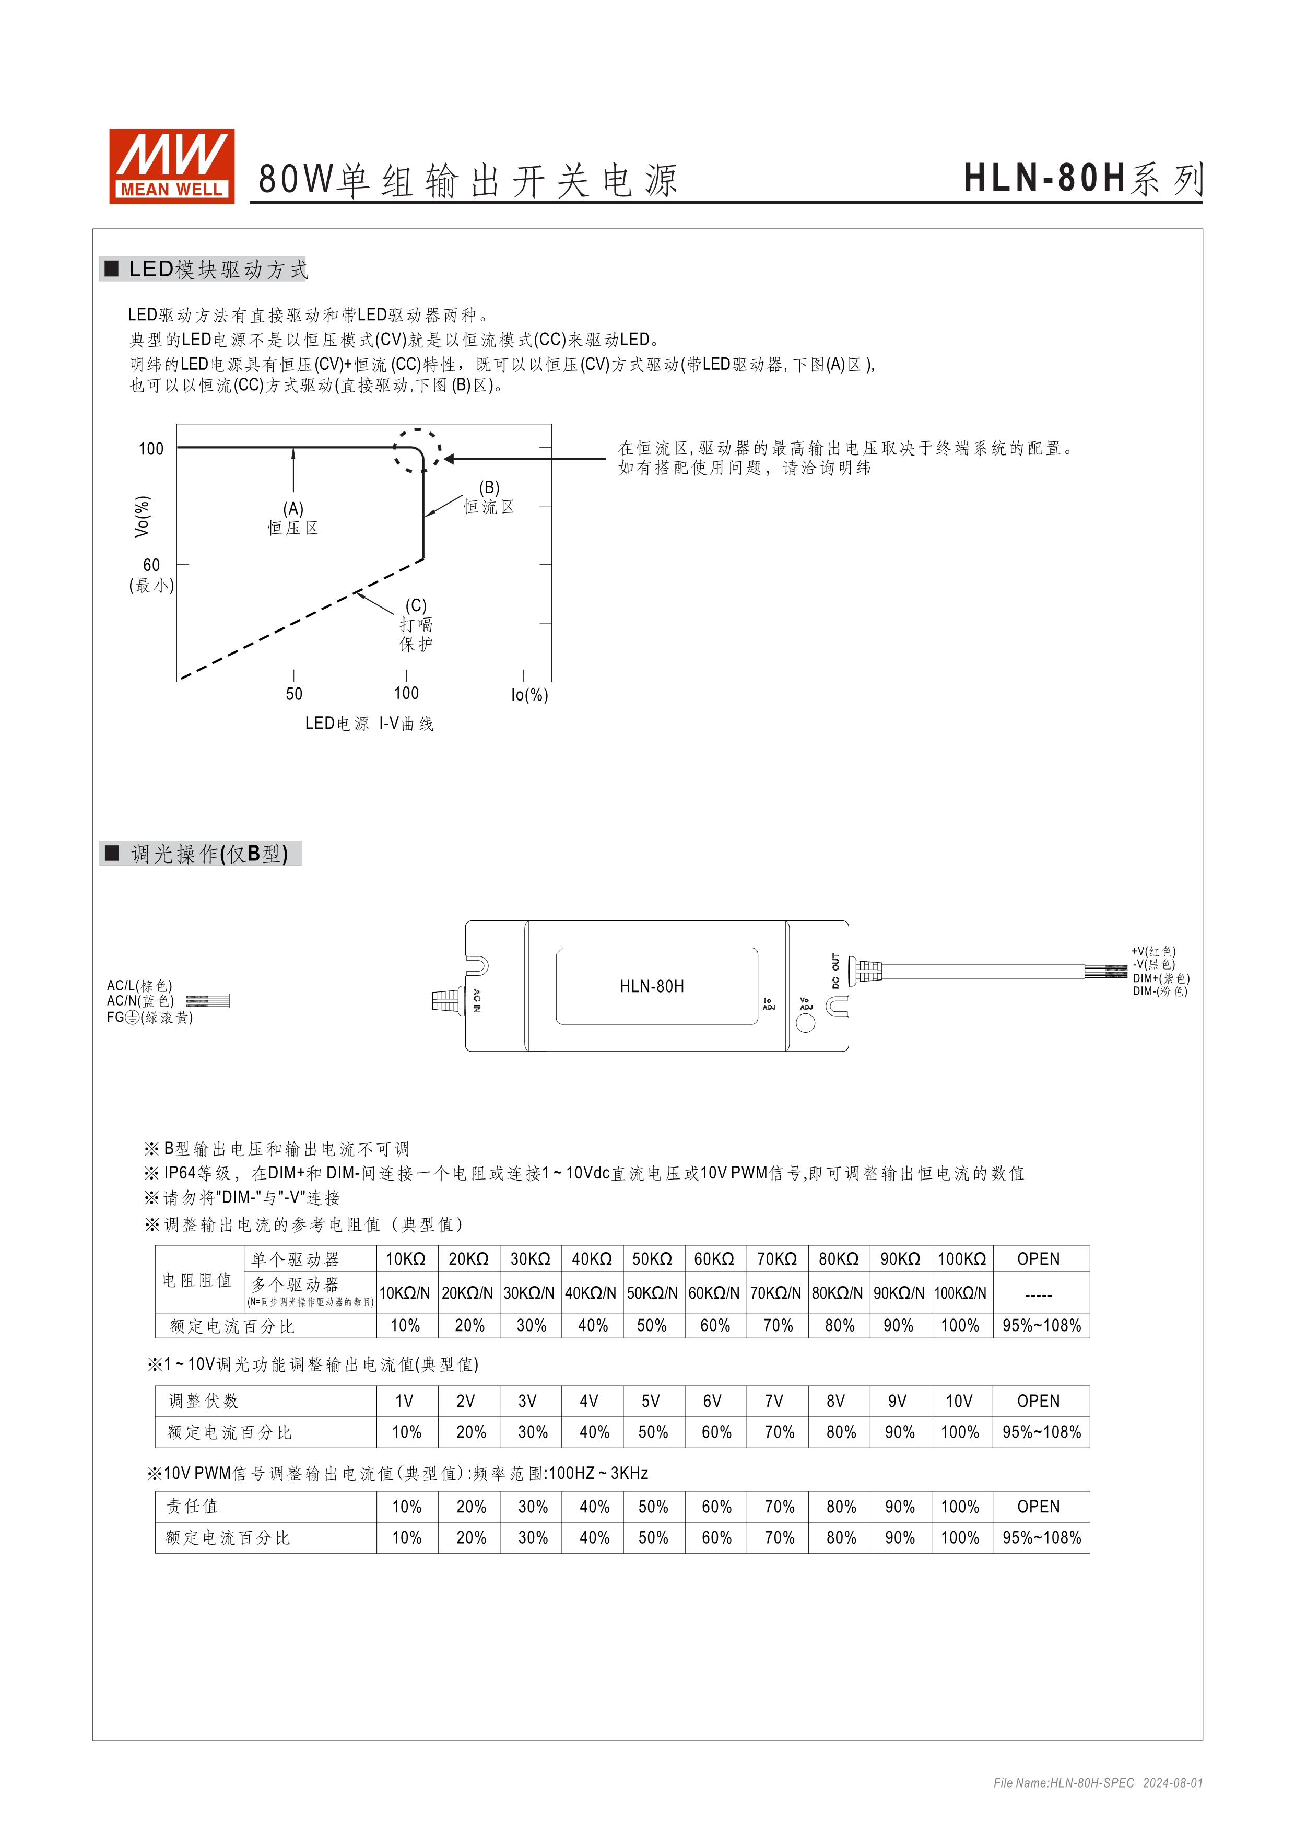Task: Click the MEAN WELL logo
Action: [171, 166]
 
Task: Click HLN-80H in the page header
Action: [1044, 178]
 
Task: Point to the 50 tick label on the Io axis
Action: [293, 694]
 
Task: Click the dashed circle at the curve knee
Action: [416, 451]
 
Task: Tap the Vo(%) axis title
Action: [142, 516]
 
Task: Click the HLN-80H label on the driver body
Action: [652, 986]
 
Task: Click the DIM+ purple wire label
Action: [1160, 978]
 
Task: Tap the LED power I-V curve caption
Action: [369, 723]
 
